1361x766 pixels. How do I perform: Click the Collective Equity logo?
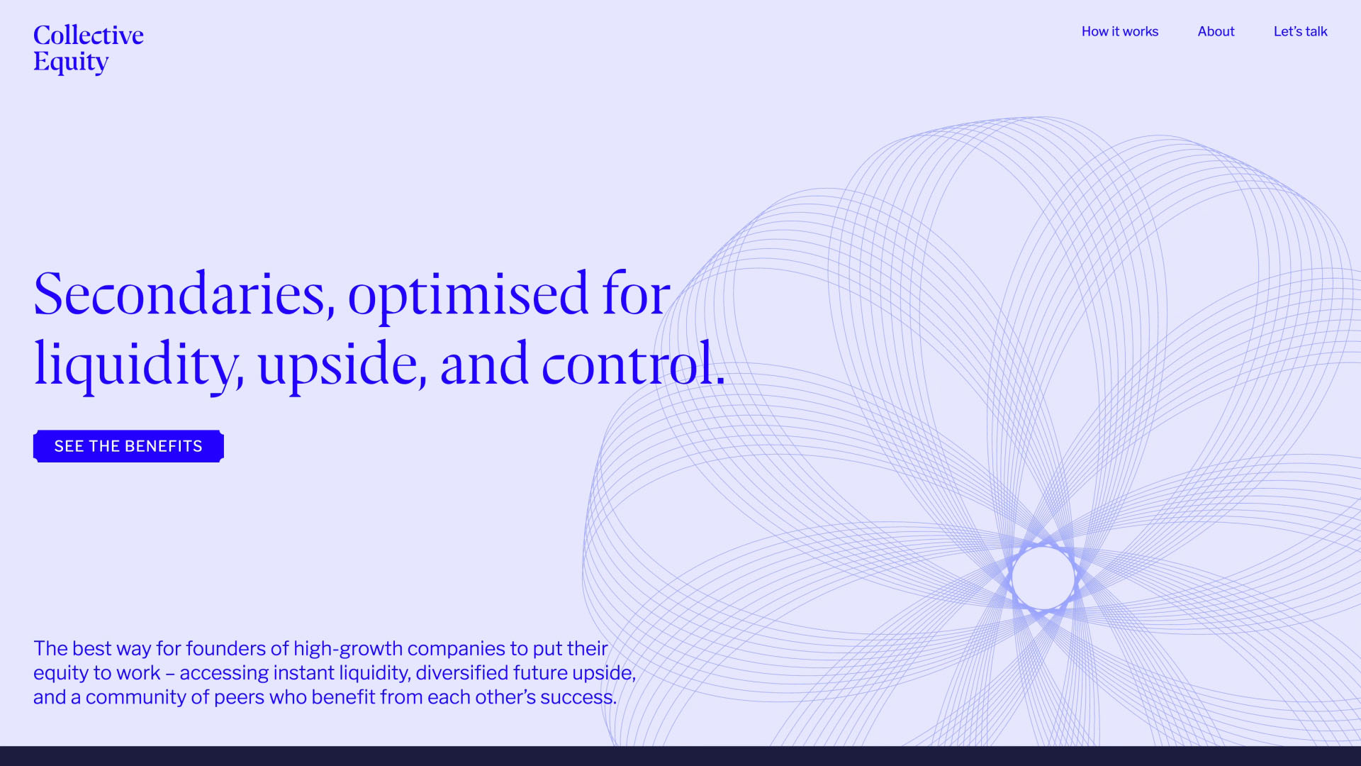(88, 48)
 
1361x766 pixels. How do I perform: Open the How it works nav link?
(1119, 31)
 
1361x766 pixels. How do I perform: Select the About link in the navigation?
(1216, 31)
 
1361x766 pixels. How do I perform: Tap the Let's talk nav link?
(1300, 31)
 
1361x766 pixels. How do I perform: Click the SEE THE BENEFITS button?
(128, 446)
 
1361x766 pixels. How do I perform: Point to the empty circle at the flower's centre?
(1043, 577)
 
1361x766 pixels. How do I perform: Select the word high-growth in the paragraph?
(347, 648)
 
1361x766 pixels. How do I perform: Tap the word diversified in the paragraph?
(461, 672)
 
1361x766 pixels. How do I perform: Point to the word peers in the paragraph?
(239, 697)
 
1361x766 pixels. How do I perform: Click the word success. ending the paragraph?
(578, 697)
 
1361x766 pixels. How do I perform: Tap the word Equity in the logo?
(71, 62)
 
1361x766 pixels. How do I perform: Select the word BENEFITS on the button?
(163, 446)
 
